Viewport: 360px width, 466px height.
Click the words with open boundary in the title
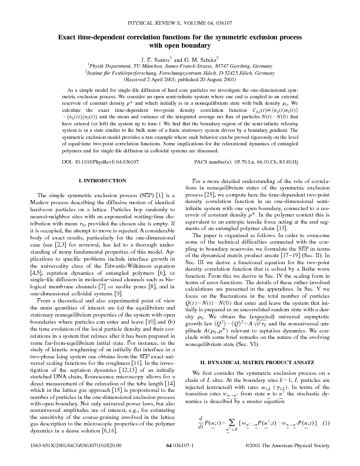[180, 45]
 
